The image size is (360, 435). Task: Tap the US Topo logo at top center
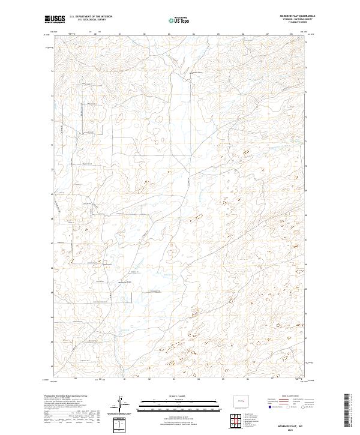[x=181, y=20]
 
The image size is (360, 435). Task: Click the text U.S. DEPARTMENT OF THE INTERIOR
[x=91, y=17]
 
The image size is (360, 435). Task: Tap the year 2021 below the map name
[x=290, y=430]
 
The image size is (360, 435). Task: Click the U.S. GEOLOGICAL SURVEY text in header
[x=88, y=21]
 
